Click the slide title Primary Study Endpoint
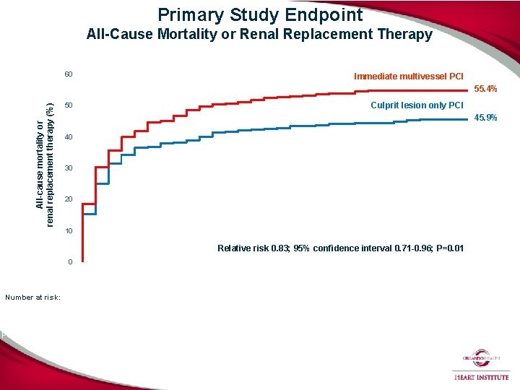(260, 14)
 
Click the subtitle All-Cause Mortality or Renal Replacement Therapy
(259, 34)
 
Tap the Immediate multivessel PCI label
(409, 77)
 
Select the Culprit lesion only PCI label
(417, 105)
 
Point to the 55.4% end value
(485, 89)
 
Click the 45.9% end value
(485, 118)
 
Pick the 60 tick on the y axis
(68, 75)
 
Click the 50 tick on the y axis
(68, 106)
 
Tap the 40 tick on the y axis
(68, 137)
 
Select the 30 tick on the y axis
(68, 168)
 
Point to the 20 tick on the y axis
(68, 199)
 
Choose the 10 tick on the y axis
(68, 231)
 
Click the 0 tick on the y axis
(70, 261)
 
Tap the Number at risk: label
(32, 297)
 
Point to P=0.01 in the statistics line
(447, 248)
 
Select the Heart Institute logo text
(481, 376)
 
